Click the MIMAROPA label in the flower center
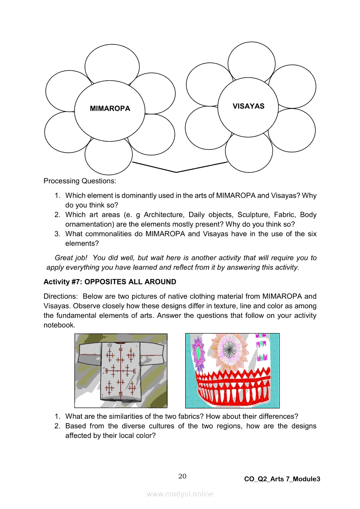pyautogui.click(x=110, y=108)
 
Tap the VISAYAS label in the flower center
pyautogui.click(x=248, y=106)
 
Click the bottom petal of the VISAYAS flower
pyautogui.click(x=249, y=153)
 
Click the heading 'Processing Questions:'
pyautogui.click(x=79, y=181)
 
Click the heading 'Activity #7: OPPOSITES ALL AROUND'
pyautogui.click(x=110, y=282)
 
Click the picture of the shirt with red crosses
pyautogui.click(x=121, y=370)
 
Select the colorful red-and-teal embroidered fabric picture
pyautogui.click(x=232, y=370)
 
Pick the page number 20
pyautogui.click(x=182, y=476)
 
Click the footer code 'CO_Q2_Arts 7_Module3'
pyautogui.click(x=282, y=479)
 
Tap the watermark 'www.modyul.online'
pyautogui.click(x=180, y=494)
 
